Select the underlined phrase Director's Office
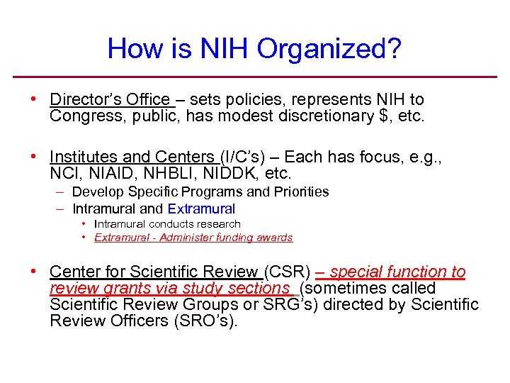(110, 100)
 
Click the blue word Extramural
(201, 209)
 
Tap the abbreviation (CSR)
(287, 272)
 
